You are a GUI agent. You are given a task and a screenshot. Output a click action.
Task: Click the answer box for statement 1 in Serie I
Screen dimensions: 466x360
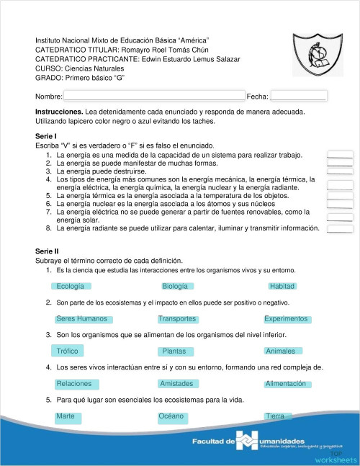point(340,154)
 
